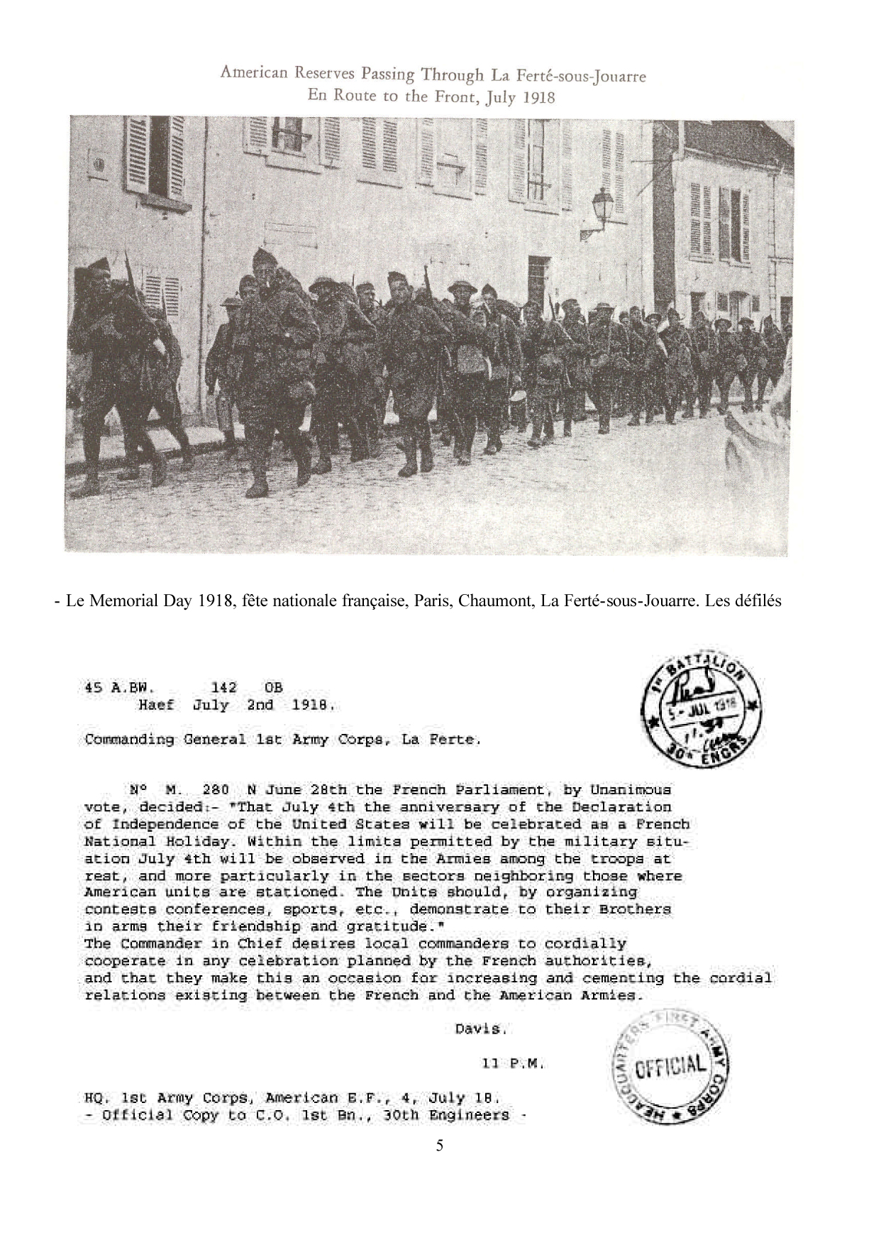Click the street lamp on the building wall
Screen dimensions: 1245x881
(x=602, y=206)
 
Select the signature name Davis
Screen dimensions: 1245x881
(x=481, y=1029)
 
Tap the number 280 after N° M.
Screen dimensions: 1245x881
(x=216, y=789)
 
